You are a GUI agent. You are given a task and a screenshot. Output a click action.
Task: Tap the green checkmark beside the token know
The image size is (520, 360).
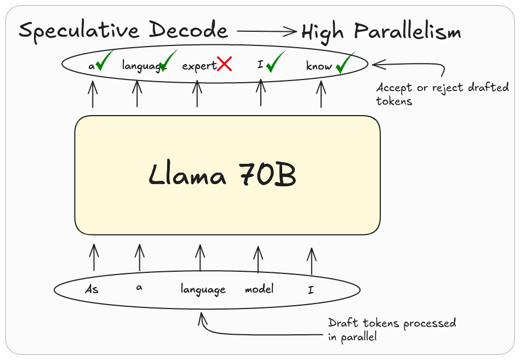pos(345,64)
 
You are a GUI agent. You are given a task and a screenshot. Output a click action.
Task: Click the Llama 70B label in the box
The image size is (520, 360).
pos(222,175)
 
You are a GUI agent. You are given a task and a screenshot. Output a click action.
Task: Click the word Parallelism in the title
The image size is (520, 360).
pos(408,32)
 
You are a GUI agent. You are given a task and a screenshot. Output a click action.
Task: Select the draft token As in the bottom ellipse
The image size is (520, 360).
pos(92,289)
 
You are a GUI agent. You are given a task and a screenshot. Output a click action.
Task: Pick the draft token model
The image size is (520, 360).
pos(259,289)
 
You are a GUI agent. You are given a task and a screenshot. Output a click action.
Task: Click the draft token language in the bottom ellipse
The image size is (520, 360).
pos(203,289)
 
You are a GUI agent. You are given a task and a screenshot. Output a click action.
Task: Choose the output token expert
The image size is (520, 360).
pos(199,66)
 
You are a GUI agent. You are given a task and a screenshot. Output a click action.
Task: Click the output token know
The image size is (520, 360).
pos(319,66)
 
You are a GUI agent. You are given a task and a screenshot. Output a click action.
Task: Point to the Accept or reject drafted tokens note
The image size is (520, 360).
pos(442,94)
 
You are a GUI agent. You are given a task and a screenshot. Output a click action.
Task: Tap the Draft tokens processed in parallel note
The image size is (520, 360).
pos(392,330)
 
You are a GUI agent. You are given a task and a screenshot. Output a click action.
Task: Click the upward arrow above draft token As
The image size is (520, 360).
pos(94,258)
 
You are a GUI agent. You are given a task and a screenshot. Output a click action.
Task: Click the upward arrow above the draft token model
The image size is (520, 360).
pos(258,259)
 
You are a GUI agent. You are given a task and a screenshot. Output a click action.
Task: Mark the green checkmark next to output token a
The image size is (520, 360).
pos(104,61)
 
